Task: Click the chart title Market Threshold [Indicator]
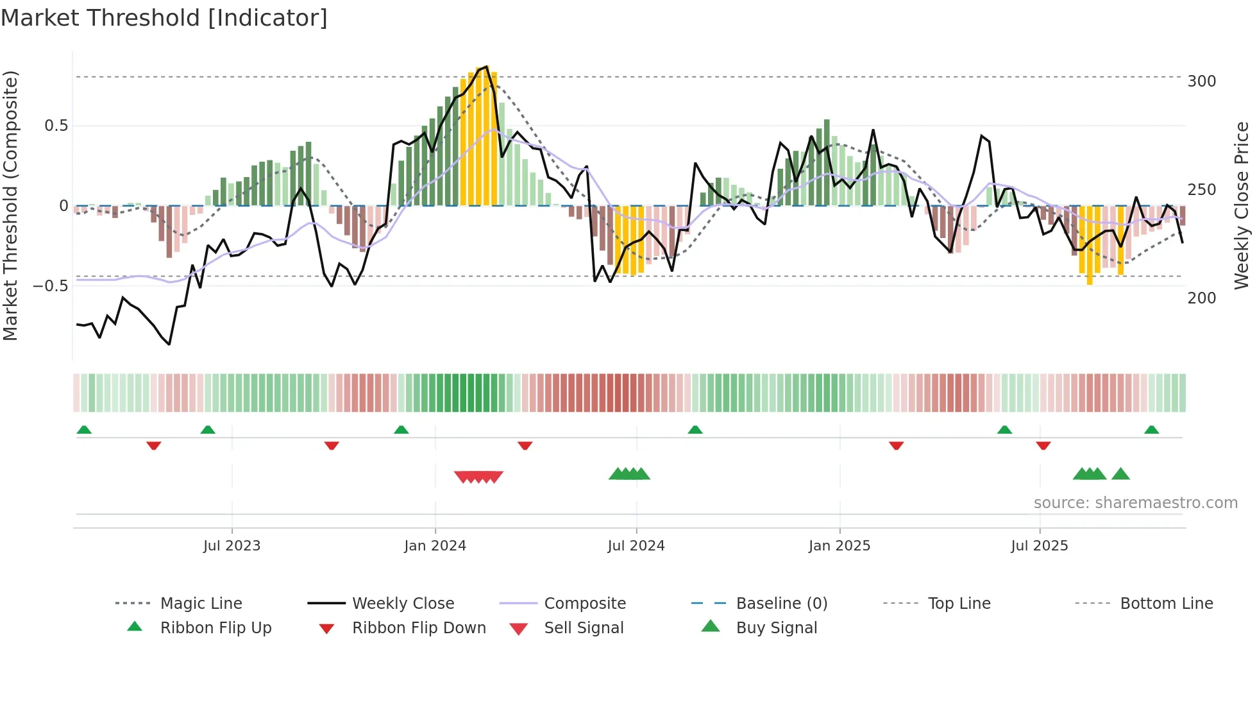coord(164,18)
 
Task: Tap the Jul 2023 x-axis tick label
coord(232,546)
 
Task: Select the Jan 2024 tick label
coord(435,546)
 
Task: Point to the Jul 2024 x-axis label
coord(636,546)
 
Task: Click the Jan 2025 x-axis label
coord(839,546)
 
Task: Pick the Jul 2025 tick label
coord(1039,546)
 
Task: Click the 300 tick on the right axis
coord(1201,81)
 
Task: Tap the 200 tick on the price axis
coord(1201,298)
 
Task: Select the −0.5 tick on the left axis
coord(50,286)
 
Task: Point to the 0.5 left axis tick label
coord(56,126)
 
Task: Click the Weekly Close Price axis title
coord(1242,205)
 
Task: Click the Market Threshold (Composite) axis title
coord(11,205)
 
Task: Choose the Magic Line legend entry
coord(201,604)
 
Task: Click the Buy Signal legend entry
coord(776,628)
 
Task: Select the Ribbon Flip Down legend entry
coord(418,628)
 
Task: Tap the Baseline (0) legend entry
coord(781,604)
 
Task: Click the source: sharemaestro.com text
coord(1135,503)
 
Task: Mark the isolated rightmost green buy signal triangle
coord(1120,474)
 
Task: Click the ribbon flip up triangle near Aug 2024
coord(695,430)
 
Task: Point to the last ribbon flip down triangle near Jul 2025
coord(1043,445)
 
